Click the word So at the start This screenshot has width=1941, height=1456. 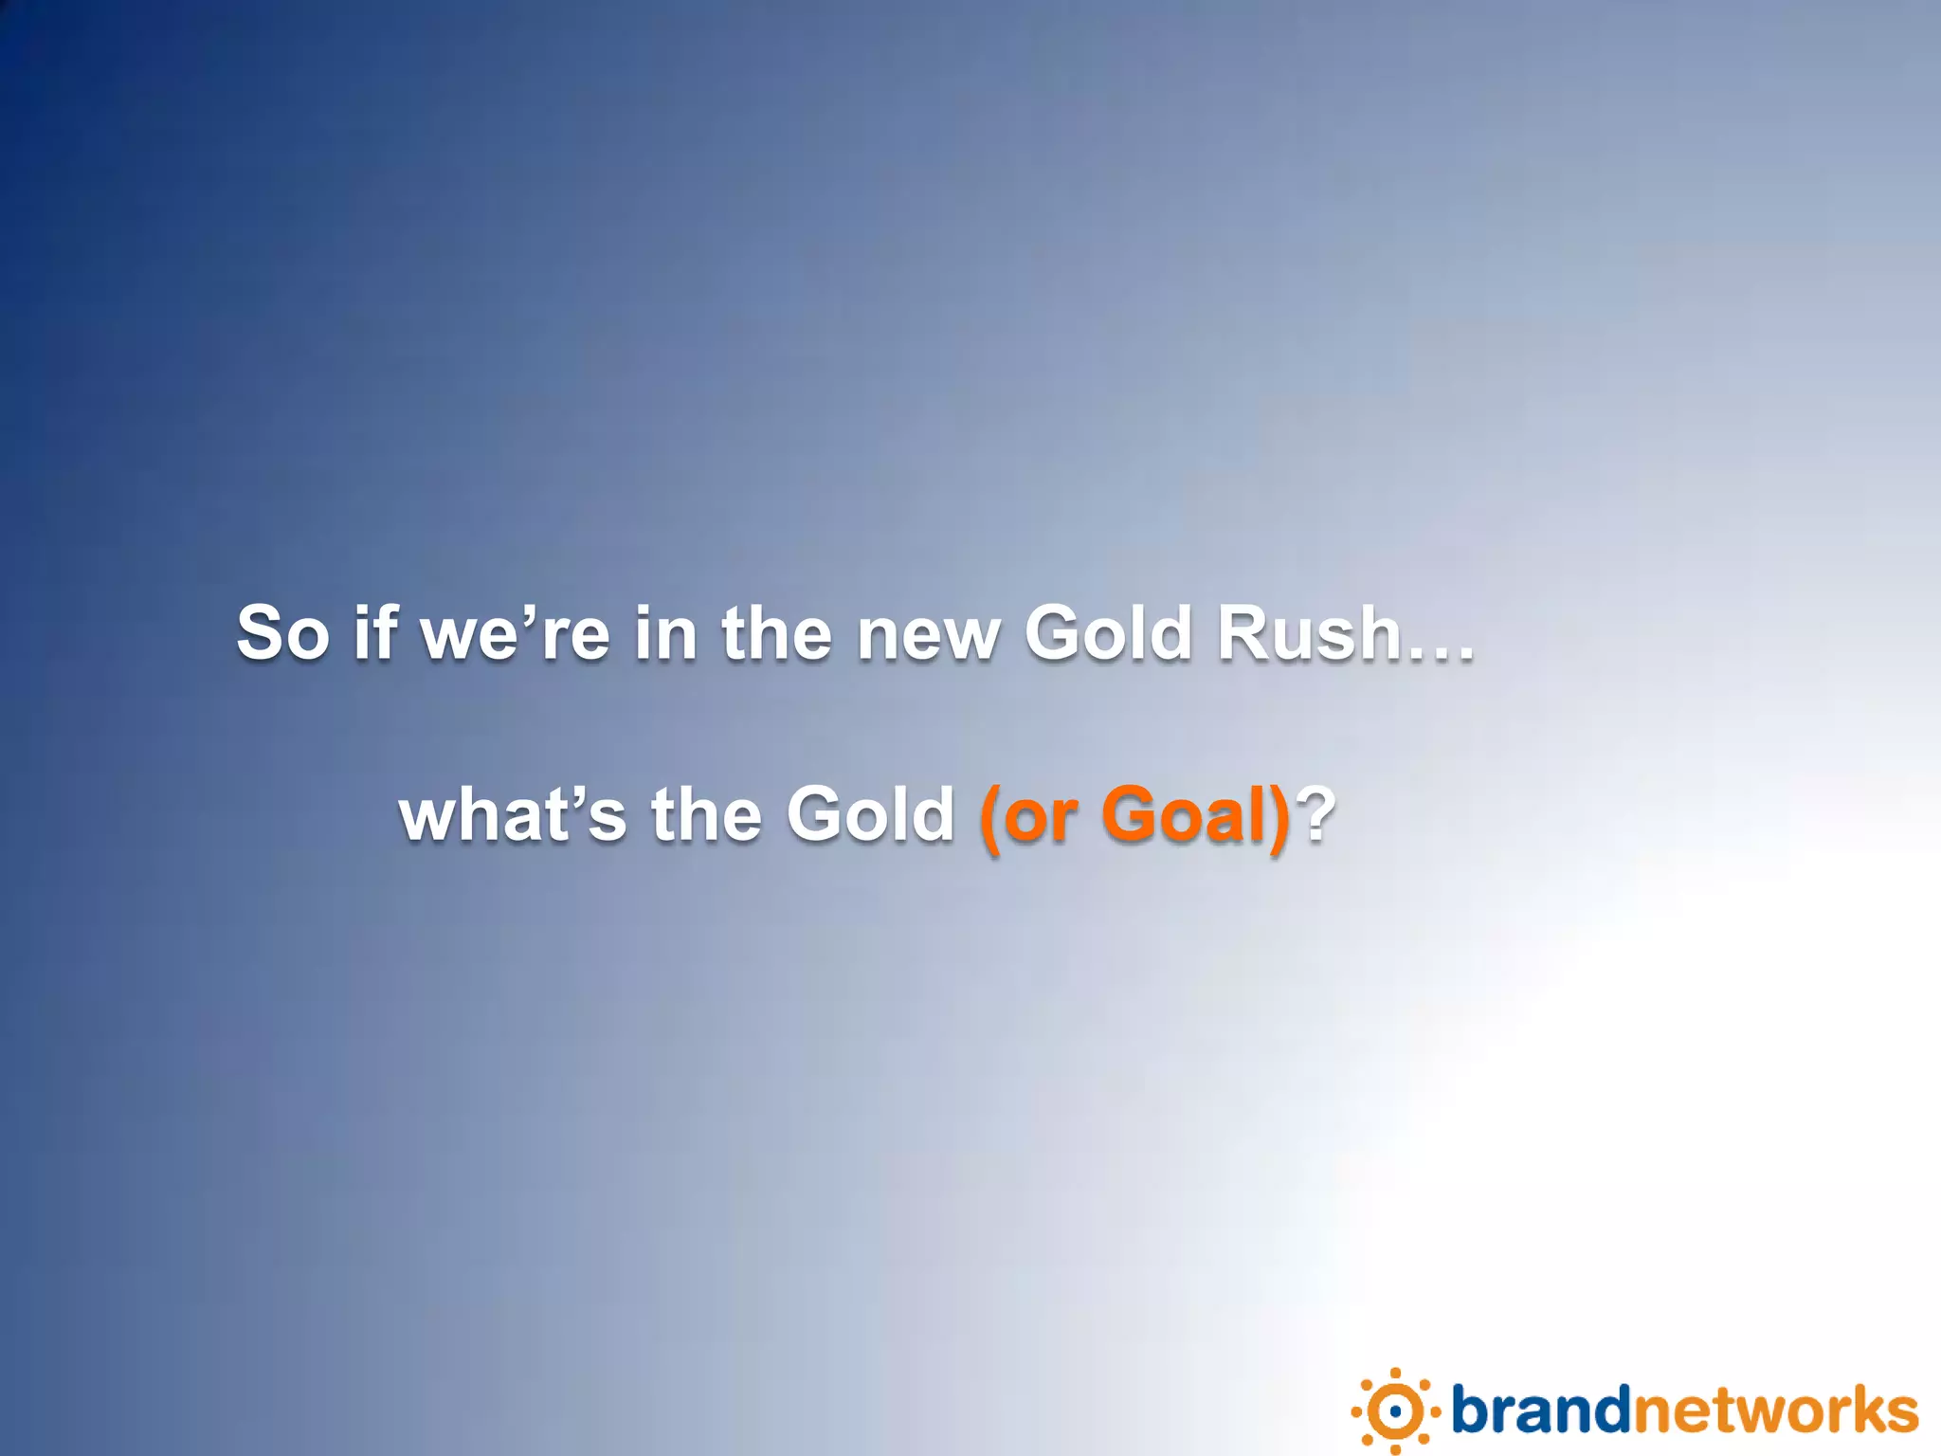pyautogui.click(x=282, y=633)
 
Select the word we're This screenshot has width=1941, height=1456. pyautogui.click(x=516, y=633)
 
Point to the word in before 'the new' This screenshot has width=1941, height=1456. pyautogui.click(x=665, y=633)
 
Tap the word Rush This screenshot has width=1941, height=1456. pyautogui.click(x=1309, y=633)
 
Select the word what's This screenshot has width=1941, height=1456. pyautogui.click(x=513, y=815)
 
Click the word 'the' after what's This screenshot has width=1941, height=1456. pyautogui.click(x=707, y=815)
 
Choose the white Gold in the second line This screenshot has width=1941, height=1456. pyautogui.click(x=870, y=815)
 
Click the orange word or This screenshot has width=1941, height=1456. pyautogui.click(x=1040, y=817)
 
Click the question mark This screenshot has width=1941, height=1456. pyautogui.click(x=1316, y=815)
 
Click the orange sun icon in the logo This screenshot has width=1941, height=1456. pyautogui.click(x=1395, y=1411)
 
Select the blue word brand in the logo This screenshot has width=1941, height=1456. pyautogui.click(x=1541, y=1410)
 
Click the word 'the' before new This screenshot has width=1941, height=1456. pyautogui.click(x=777, y=633)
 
